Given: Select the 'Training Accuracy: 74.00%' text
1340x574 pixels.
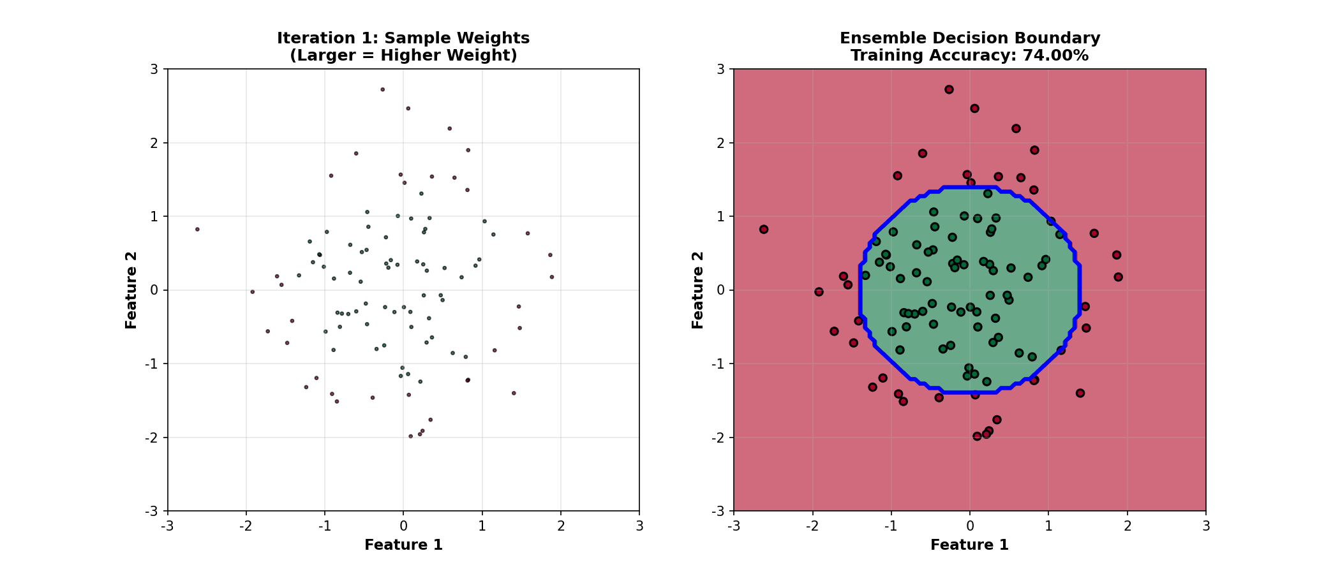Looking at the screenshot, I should [969, 55].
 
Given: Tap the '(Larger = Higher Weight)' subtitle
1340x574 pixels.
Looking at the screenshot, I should [403, 55].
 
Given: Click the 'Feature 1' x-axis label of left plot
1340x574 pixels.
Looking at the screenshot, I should [403, 545].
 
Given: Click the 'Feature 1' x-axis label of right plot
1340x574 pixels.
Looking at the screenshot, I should [969, 545].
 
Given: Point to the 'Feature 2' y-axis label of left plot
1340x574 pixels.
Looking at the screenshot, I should [131, 290].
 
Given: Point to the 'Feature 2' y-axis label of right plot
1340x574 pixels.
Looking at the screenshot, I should [697, 290].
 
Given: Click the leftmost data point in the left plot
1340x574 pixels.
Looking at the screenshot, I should [197, 229].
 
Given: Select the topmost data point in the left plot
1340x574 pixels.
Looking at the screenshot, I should [382, 89].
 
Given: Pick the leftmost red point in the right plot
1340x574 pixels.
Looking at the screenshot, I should [764, 229].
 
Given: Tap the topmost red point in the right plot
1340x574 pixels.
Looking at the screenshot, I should [949, 89].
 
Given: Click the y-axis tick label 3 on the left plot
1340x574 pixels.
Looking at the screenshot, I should [154, 69].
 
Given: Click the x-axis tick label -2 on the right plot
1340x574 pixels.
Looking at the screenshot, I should [812, 526].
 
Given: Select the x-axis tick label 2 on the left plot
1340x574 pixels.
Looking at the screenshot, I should [561, 526].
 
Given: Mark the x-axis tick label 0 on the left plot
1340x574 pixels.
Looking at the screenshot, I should [403, 526].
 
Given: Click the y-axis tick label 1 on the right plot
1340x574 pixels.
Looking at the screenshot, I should [722, 216].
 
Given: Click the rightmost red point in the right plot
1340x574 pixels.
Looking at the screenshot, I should [1118, 277].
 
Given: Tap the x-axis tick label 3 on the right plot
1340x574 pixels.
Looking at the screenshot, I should [1205, 526].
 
